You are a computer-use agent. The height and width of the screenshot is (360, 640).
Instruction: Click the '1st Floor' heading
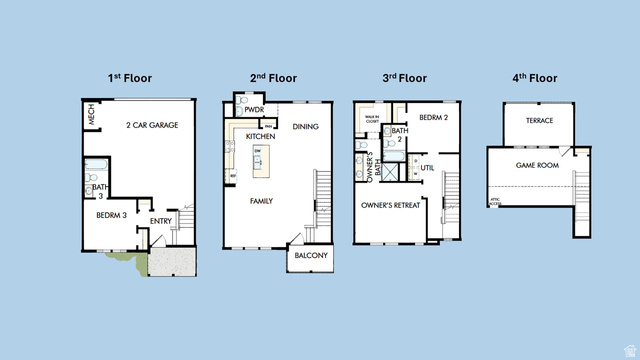131,77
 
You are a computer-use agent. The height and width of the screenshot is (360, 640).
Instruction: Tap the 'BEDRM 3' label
111,216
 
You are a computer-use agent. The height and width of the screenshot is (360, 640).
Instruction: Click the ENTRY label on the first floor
160,221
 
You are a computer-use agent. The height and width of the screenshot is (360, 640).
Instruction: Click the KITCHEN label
261,135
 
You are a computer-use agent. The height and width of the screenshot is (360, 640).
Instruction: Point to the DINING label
305,127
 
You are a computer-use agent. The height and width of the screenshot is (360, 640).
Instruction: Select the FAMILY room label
261,201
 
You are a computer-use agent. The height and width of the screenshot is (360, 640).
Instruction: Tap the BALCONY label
307,256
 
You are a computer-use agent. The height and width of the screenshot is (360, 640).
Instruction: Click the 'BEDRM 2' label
433,117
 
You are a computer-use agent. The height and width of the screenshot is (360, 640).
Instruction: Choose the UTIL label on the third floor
426,167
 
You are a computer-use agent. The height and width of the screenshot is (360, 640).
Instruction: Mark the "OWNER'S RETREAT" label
391,205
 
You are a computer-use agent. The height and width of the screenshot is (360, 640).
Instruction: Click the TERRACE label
539,121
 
